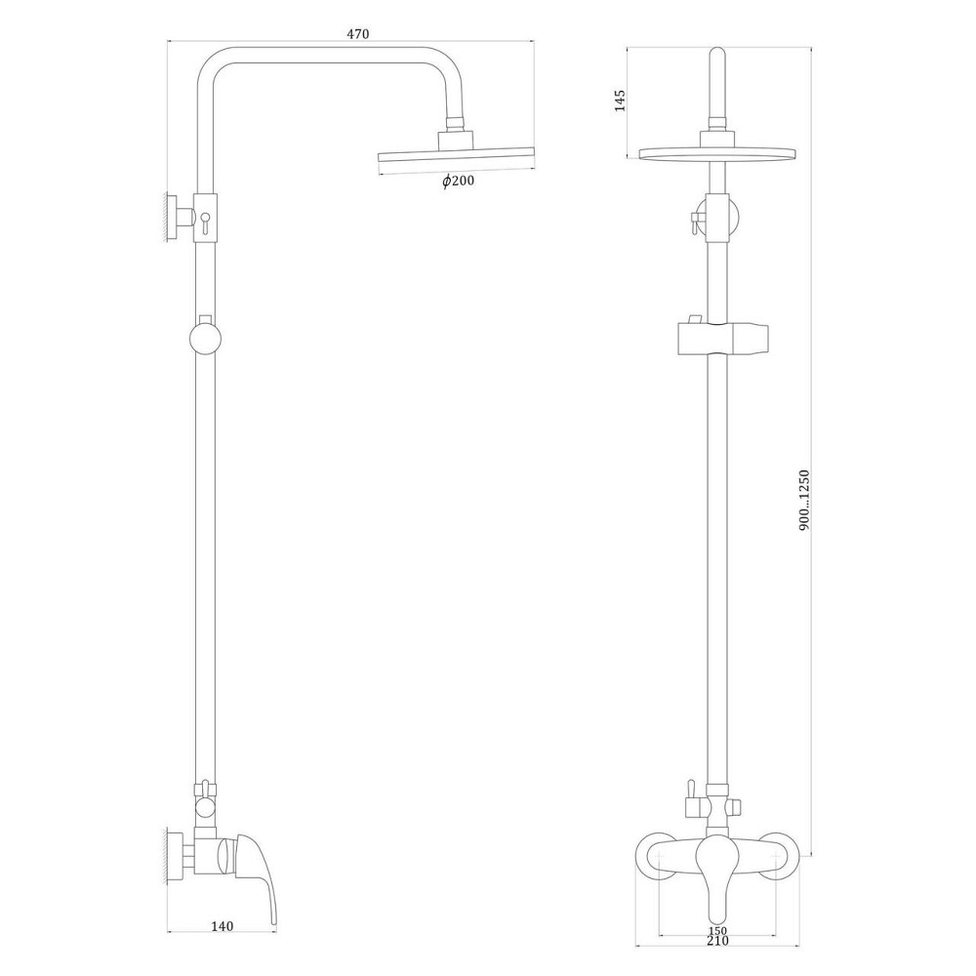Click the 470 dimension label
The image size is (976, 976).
click(x=358, y=34)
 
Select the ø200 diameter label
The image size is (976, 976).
click(x=458, y=182)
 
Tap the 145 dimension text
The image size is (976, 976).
click(x=619, y=101)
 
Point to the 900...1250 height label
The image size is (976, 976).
click(x=804, y=499)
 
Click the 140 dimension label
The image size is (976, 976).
click(x=223, y=928)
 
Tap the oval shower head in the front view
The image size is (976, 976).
click(x=717, y=153)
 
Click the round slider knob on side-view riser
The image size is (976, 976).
click(x=206, y=341)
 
